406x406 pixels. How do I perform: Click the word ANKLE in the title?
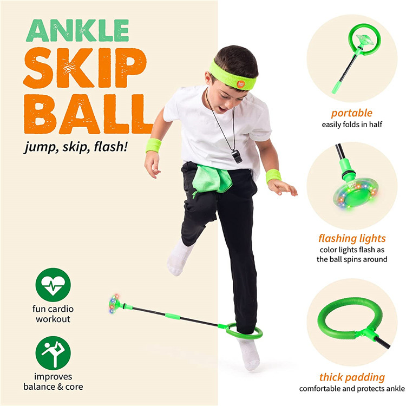(x=77, y=30)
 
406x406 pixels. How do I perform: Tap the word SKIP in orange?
(x=85, y=68)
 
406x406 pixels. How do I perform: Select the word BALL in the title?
(x=88, y=114)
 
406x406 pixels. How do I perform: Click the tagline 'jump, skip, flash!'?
(x=76, y=147)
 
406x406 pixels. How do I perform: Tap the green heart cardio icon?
(x=53, y=285)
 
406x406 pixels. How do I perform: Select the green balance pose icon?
(x=53, y=353)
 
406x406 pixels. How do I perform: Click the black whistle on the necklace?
(x=237, y=156)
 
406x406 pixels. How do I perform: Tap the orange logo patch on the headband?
(x=241, y=84)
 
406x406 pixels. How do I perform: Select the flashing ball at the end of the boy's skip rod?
(x=114, y=304)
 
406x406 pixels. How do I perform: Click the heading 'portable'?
(x=352, y=113)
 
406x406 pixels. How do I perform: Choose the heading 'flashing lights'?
(x=352, y=238)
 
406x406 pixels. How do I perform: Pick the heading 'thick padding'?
(x=352, y=377)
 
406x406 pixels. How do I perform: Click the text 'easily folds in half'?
(x=352, y=125)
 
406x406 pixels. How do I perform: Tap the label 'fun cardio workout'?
(x=53, y=314)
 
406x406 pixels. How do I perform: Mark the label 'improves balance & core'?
(x=53, y=382)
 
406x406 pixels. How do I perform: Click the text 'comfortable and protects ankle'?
(x=352, y=389)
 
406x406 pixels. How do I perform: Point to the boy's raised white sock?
(x=179, y=258)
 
